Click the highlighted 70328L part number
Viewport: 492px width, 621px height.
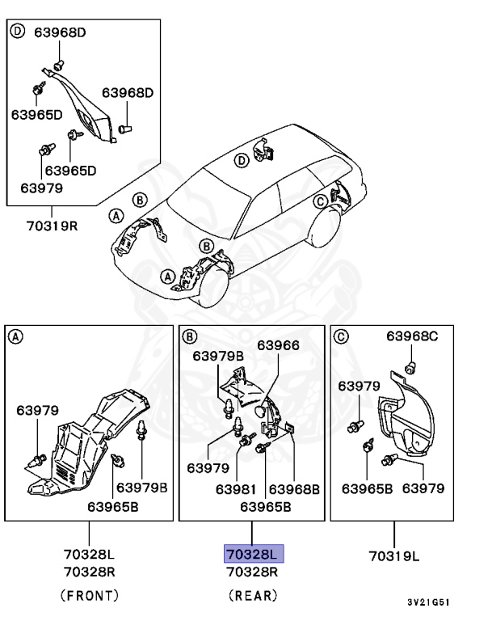pyautogui.click(x=254, y=555)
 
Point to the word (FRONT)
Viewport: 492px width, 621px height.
pyautogui.click(x=90, y=595)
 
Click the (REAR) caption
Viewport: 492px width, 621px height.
pyautogui.click(x=254, y=595)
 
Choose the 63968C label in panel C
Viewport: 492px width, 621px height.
pyautogui.click(x=415, y=336)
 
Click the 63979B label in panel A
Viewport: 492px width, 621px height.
pyautogui.click(x=142, y=487)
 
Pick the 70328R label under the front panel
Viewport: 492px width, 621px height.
pyautogui.click(x=90, y=572)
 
